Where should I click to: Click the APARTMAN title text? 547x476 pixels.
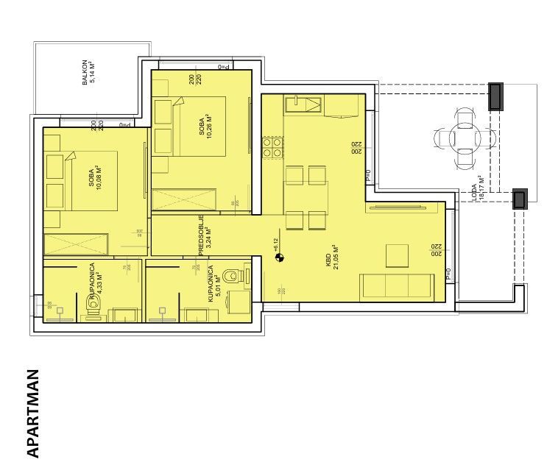point(33,413)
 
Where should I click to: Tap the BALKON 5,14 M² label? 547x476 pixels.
point(89,74)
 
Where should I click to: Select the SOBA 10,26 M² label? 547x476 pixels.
point(205,131)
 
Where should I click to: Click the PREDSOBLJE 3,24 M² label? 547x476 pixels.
point(205,234)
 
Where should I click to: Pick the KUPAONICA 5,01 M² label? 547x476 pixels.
point(215,285)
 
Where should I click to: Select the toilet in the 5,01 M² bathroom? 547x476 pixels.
point(234,276)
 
